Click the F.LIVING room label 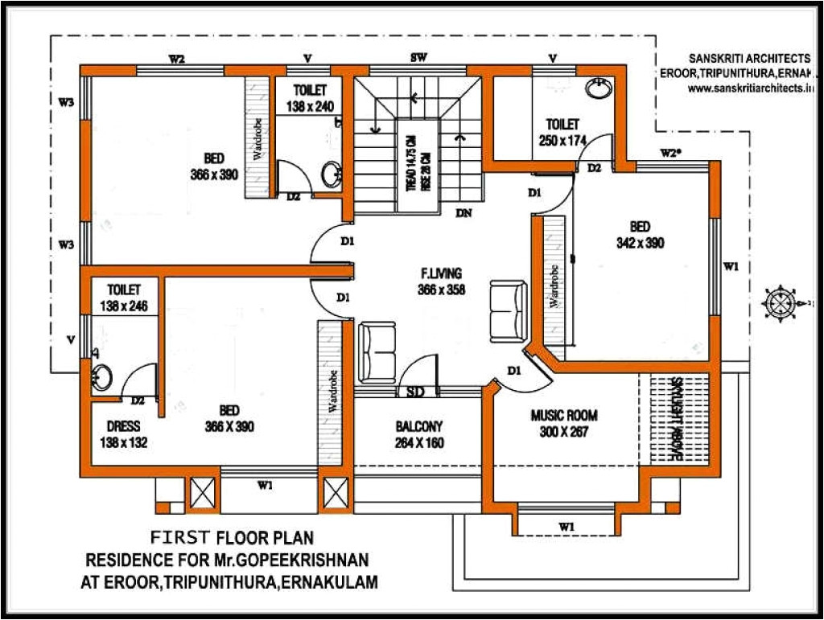[441, 273]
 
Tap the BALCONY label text [418, 426]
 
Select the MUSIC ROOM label [563, 416]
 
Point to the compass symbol [778, 302]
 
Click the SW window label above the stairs [418, 58]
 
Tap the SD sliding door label [415, 392]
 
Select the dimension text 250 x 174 [562, 140]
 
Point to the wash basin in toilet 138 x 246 [101, 375]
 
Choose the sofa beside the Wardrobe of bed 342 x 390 [505, 307]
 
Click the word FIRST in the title [181, 536]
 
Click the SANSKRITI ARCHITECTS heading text [748, 59]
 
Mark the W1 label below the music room [566, 527]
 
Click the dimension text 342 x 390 [641, 243]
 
